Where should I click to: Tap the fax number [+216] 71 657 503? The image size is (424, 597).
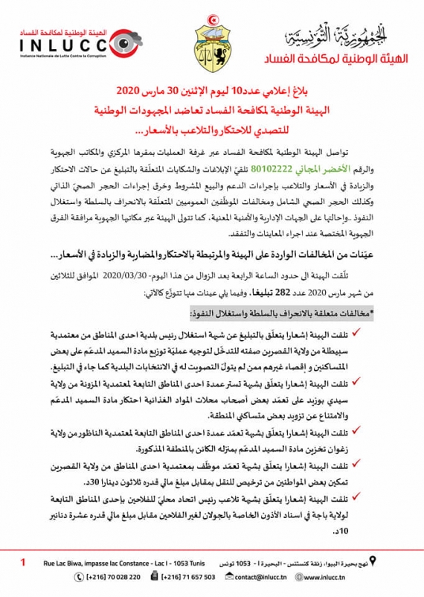click(186, 577)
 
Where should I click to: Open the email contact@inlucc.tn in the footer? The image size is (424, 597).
click(265, 577)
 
